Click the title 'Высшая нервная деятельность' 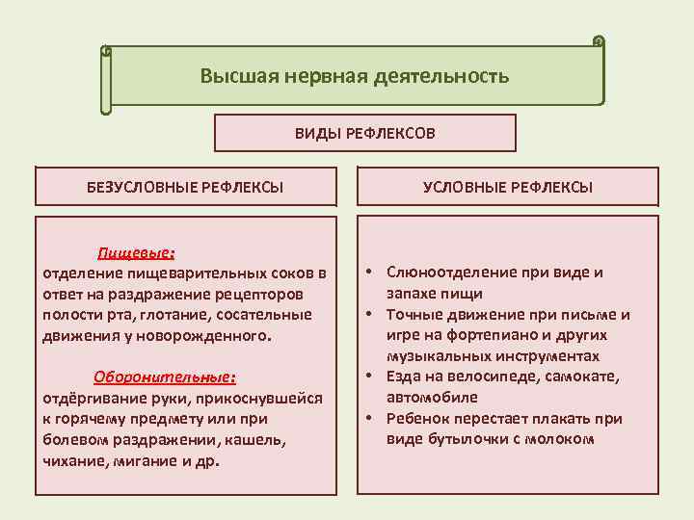354,75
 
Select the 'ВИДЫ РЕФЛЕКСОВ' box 364,133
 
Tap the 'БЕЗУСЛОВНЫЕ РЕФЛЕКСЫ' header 185,186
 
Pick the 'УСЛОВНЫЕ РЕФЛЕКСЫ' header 507,186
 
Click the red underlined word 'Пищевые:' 136,253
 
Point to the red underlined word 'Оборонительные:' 165,377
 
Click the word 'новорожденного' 205,336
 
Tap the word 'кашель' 264,440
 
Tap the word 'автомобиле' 430,397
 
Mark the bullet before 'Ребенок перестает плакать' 369,419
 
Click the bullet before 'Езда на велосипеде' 369,377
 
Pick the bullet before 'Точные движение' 369,315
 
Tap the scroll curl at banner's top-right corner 599,42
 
